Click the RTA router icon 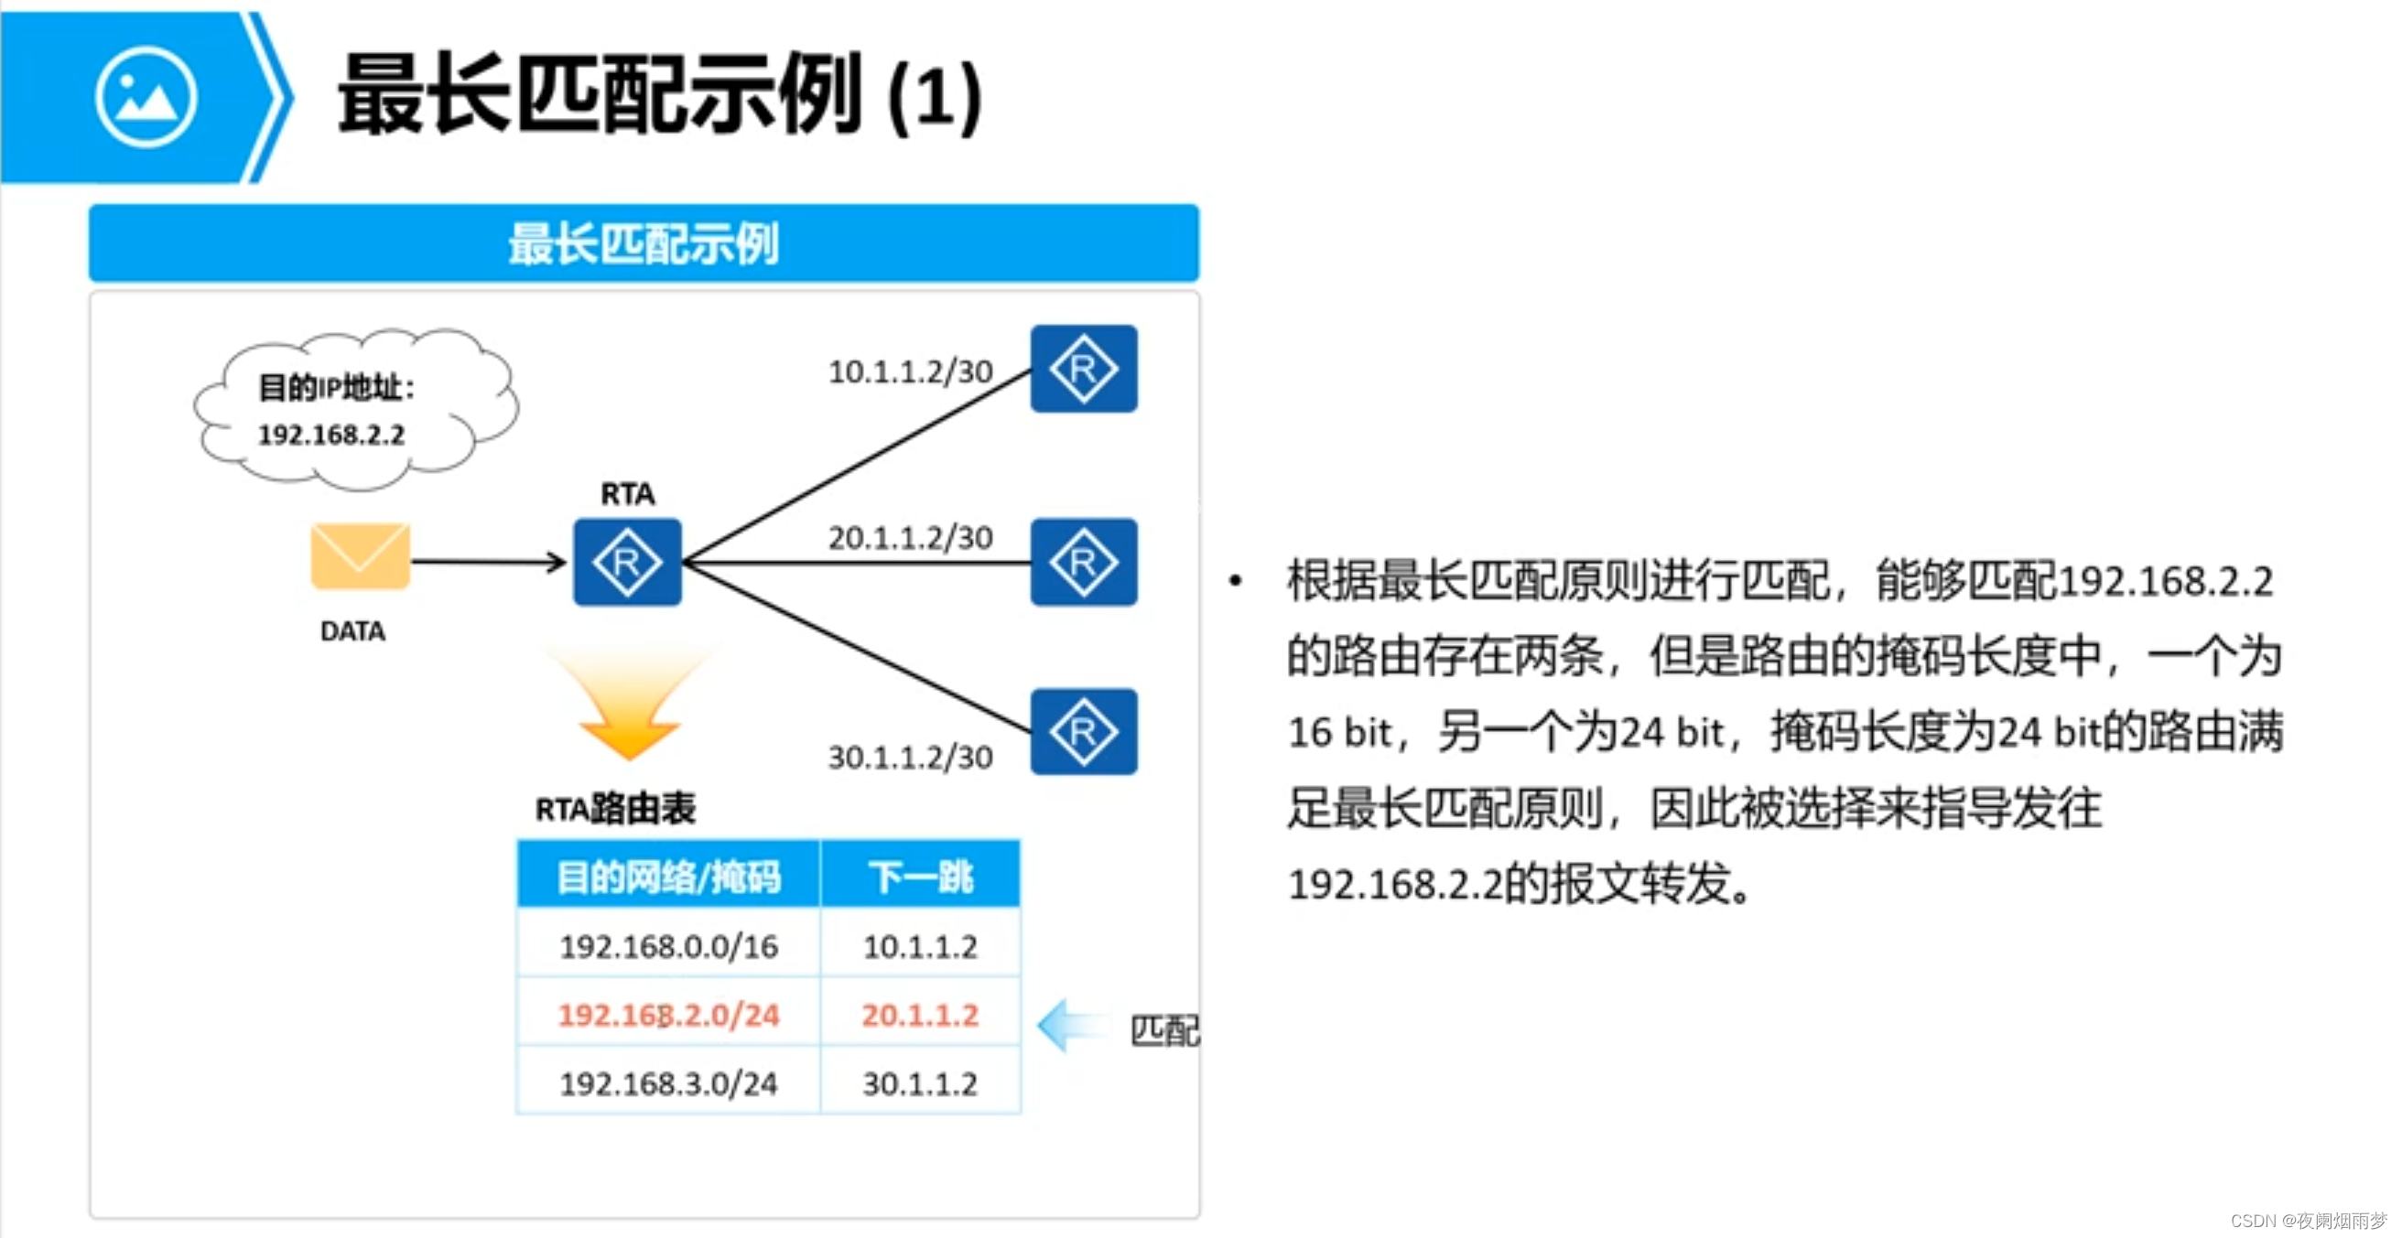(x=627, y=562)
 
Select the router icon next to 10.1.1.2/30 (x=1083, y=368)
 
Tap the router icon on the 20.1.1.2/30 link (x=1083, y=562)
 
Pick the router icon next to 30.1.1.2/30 (x=1083, y=732)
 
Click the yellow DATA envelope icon (x=360, y=555)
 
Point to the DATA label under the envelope (x=352, y=631)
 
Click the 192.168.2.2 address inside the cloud (x=331, y=435)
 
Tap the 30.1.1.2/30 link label (x=910, y=757)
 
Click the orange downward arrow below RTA (x=630, y=708)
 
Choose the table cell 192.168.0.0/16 (x=668, y=946)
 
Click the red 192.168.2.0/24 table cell (x=668, y=1014)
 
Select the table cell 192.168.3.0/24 (x=668, y=1083)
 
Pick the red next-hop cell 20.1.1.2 (x=920, y=1014)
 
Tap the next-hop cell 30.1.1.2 (x=920, y=1083)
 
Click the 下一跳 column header (x=920, y=877)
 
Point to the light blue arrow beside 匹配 (x=1072, y=1026)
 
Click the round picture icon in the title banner (x=146, y=97)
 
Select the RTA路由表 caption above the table (x=615, y=808)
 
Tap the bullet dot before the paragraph (x=1236, y=581)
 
